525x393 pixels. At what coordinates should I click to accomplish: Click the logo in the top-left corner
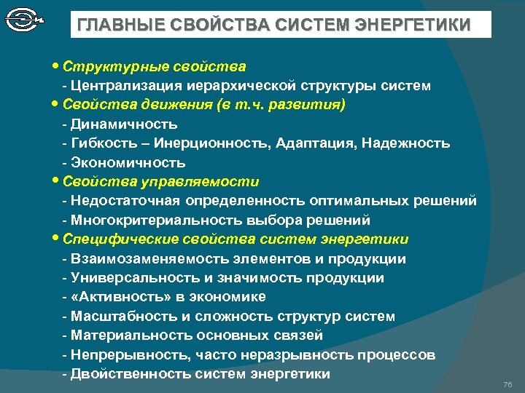coord(23,20)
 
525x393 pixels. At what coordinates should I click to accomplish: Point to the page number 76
coord(508,384)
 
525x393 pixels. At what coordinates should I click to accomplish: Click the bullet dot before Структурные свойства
coord(57,67)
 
